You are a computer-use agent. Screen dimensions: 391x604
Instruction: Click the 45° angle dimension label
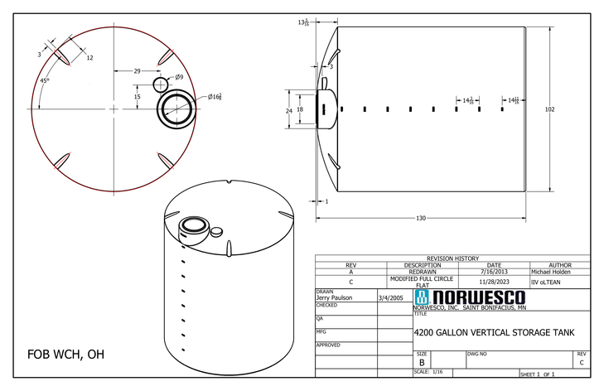click(x=43, y=80)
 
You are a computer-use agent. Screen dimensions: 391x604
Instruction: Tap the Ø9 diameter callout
click(x=179, y=77)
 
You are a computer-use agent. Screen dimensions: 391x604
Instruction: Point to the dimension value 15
click(x=137, y=97)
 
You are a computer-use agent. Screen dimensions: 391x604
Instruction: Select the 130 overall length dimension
click(x=420, y=218)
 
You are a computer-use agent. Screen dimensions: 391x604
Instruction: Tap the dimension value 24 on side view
click(x=289, y=110)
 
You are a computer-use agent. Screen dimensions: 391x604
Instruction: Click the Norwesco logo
click(x=470, y=297)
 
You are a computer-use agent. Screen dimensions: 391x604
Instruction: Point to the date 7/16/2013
click(x=494, y=271)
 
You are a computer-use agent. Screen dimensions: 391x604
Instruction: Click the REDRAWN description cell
click(x=423, y=271)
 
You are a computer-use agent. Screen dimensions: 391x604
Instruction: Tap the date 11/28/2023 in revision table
click(x=494, y=281)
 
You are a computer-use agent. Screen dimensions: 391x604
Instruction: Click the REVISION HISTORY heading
click(x=452, y=258)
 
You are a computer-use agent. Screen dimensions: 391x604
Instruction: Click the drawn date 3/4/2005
click(x=390, y=297)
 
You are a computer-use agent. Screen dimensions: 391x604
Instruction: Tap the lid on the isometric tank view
click(x=196, y=224)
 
